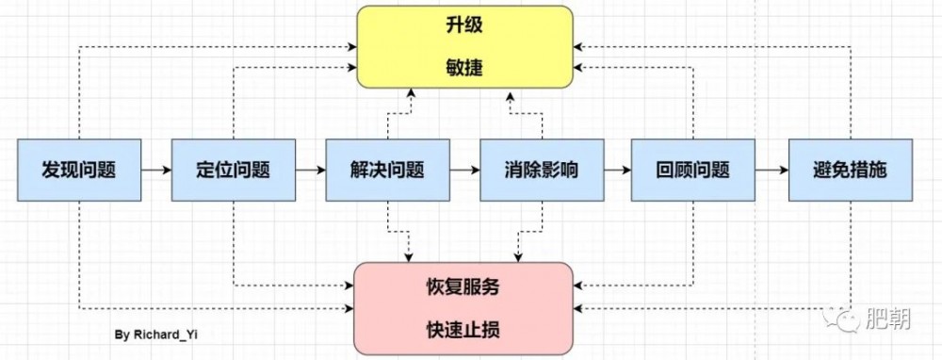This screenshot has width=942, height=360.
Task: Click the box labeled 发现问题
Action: point(79,171)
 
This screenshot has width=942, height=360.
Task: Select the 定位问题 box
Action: point(233,171)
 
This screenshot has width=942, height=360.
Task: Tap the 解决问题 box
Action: point(387,171)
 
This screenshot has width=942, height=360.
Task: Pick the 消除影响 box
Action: point(541,171)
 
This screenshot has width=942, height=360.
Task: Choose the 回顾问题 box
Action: point(693,171)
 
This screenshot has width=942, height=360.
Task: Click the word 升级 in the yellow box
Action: point(464,26)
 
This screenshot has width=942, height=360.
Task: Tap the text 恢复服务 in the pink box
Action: point(464,288)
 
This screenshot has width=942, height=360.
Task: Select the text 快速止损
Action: point(464,330)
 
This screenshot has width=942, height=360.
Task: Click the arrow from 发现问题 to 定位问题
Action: point(156,171)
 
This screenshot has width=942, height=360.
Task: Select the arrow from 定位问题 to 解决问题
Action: point(310,171)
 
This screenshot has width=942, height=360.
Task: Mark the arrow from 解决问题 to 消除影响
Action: point(463,171)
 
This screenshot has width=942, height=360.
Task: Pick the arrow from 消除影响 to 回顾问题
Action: point(617,171)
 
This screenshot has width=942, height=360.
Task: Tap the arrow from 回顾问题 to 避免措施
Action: point(772,171)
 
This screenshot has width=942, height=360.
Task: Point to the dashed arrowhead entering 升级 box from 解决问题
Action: point(411,92)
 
